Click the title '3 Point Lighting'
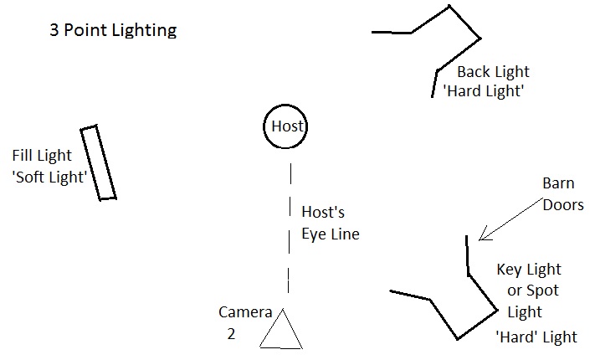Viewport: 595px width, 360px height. click(x=111, y=32)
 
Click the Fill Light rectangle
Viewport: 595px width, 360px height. click(x=98, y=162)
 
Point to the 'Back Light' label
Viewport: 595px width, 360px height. click(x=493, y=72)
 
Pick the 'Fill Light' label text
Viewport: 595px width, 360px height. click(x=42, y=156)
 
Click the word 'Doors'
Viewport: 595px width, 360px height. click(x=562, y=204)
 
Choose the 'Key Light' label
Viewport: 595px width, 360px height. click(x=529, y=270)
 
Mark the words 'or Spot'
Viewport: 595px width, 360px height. click(x=534, y=291)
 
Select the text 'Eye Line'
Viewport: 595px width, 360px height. click(x=330, y=234)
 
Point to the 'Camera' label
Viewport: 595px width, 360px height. click(x=245, y=313)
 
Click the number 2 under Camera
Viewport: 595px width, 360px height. click(x=231, y=332)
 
